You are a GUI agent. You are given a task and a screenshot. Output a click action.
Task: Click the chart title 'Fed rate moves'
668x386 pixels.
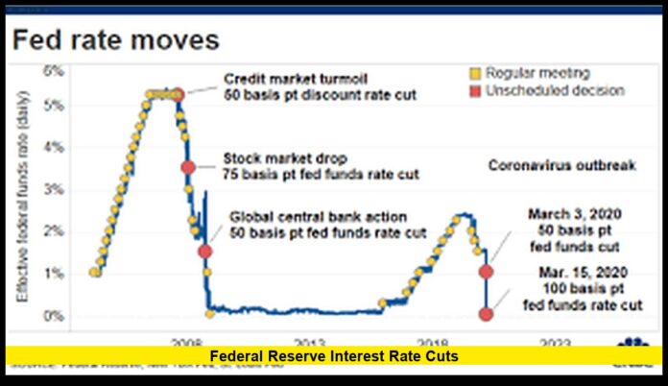pyautogui.click(x=115, y=41)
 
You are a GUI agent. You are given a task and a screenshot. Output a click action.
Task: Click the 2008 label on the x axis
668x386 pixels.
pyautogui.click(x=186, y=342)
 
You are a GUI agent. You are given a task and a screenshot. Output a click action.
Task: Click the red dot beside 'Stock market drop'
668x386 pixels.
pyautogui.click(x=188, y=167)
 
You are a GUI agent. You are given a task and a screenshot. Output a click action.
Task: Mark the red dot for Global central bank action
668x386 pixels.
pyautogui.click(x=204, y=251)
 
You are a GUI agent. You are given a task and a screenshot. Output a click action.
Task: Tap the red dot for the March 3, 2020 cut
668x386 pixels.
pyautogui.click(x=487, y=271)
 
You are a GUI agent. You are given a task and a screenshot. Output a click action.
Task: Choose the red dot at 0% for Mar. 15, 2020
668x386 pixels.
pyautogui.click(x=487, y=313)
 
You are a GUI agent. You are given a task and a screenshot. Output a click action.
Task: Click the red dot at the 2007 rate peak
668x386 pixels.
pyautogui.click(x=178, y=94)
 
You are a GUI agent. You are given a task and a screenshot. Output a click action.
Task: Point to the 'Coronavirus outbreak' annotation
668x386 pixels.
pyautogui.click(x=561, y=166)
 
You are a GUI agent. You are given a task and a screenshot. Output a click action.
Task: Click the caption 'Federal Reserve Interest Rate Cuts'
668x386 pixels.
pyautogui.click(x=334, y=356)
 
